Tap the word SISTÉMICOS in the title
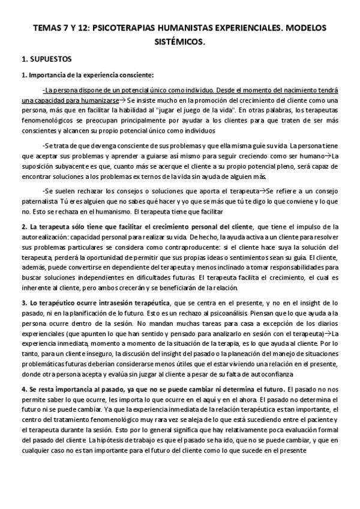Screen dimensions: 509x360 [180, 43]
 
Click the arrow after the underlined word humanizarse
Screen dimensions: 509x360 [122, 101]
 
